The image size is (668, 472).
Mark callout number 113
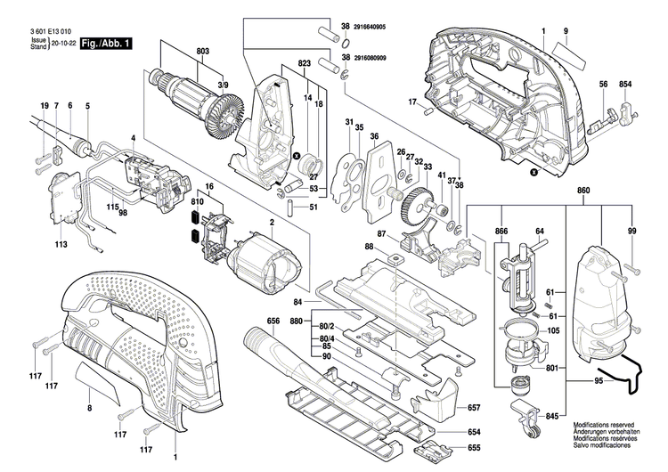pyautogui.click(x=61, y=243)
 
